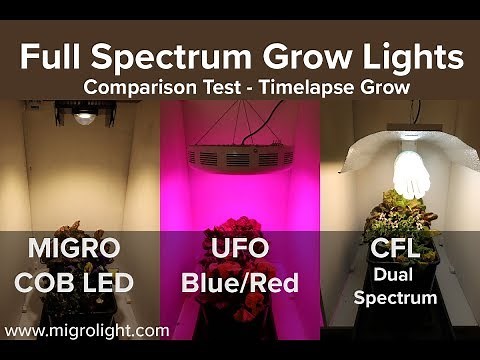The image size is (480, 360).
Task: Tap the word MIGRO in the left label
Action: (x=68, y=248)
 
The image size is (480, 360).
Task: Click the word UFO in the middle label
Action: (x=240, y=248)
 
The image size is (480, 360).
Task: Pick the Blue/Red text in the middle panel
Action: (x=240, y=282)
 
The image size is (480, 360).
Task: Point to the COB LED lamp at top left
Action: (x=85, y=117)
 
